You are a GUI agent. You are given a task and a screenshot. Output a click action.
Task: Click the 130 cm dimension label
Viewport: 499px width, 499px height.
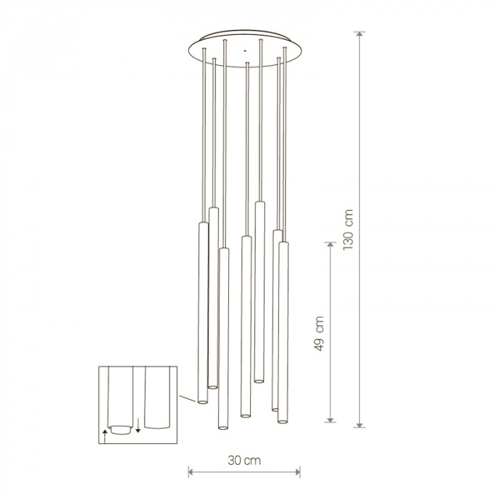348,230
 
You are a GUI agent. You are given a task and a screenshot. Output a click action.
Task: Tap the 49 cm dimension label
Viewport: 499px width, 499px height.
319,334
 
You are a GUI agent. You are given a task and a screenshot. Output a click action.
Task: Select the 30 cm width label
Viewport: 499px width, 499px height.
244,461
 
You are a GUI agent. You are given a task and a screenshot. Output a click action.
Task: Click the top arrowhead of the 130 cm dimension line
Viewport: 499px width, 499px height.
360,34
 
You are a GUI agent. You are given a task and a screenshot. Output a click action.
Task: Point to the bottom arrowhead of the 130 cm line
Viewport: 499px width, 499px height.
360,425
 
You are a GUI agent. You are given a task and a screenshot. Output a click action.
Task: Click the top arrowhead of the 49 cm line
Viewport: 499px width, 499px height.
330,245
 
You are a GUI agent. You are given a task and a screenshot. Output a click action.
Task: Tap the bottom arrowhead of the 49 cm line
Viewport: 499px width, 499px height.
330,420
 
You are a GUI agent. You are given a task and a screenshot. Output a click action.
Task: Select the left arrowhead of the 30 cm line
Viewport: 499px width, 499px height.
191,472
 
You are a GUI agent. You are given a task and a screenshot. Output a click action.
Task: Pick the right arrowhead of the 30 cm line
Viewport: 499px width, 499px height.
297,472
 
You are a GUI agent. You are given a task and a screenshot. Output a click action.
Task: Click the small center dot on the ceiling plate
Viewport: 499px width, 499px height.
245,51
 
